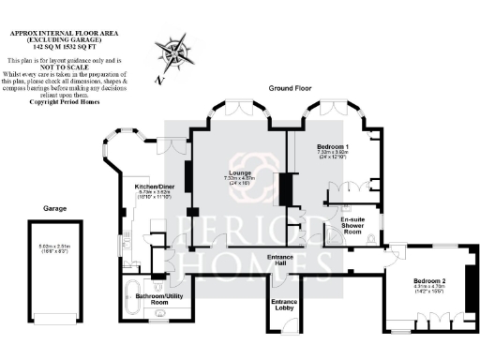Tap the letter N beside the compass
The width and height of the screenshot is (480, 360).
click(x=160, y=80)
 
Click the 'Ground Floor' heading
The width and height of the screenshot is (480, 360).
click(x=292, y=87)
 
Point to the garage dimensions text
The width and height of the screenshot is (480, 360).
click(x=53, y=247)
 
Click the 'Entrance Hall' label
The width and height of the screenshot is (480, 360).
click(x=282, y=261)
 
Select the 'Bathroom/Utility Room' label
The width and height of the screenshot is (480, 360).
click(x=146, y=300)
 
